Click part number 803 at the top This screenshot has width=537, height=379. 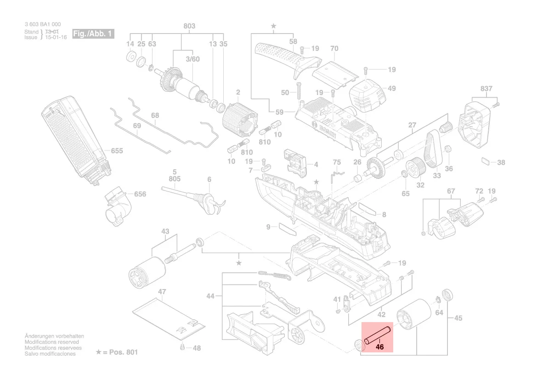click(x=189, y=26)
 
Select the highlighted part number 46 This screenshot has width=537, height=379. click(x=379, y=347)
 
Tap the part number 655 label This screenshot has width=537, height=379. click(x=117, y=150)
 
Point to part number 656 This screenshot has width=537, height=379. click(x=140, y=194)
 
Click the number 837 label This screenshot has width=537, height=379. click(x=486, y=89)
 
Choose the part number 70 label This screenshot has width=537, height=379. click(x=334, y=48)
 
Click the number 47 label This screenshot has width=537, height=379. click(x=162, y=292)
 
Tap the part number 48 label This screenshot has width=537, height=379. click(x=197, y=348)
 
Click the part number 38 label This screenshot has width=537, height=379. click(x=501, y=162)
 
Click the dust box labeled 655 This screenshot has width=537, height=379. click(x=76, y=138)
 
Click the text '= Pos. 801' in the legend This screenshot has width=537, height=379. click(x=120, y=352)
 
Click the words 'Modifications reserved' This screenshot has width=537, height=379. click(x=51, y=342)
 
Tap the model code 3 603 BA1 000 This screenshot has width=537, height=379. click(x=42, y=24)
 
